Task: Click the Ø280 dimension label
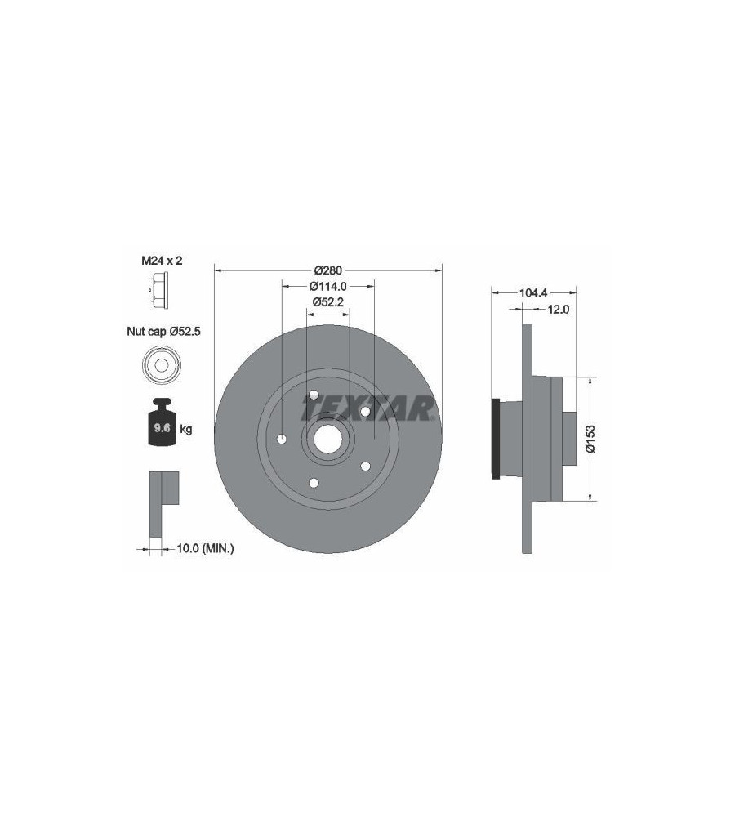coord(328,270)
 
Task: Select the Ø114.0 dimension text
coord(328,286)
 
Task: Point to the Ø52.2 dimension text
coord(328,301)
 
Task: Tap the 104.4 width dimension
coord(533,293)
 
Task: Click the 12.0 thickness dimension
coord(558,310)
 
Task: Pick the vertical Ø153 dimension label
coord(590,439)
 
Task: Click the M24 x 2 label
coord(162,261)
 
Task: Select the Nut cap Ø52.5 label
coord(163,332)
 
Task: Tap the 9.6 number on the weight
coord(162,428)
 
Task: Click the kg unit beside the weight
coord(186,430)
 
